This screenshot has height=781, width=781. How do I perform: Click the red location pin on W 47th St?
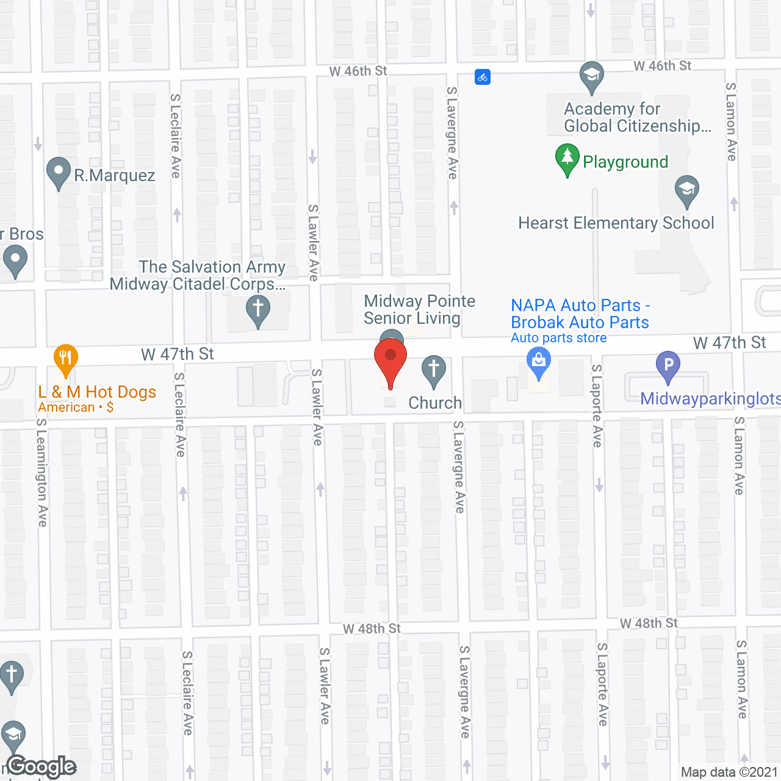390,359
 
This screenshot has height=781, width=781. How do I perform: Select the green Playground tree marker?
567,159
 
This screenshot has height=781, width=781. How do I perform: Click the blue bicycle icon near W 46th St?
483,77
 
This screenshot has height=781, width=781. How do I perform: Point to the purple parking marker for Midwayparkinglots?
668,365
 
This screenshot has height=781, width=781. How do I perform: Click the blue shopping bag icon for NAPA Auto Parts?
539,361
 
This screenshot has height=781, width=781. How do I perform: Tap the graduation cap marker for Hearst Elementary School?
687,190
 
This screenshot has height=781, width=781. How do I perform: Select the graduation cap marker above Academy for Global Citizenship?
591,76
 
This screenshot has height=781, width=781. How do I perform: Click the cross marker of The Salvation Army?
258,309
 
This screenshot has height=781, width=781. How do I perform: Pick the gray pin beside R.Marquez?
59,172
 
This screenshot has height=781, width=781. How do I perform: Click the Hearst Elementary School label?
616,223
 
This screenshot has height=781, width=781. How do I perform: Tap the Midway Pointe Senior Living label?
419,309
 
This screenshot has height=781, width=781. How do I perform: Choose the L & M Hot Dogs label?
97,392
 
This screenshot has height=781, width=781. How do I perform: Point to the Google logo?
41,766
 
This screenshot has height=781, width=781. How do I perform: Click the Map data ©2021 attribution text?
729,772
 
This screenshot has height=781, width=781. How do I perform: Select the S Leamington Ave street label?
41,472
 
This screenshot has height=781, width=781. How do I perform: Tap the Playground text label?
625,162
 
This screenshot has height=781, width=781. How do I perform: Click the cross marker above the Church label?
434,370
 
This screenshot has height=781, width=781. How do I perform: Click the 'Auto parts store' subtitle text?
558,338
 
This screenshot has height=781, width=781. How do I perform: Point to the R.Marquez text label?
115,176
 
